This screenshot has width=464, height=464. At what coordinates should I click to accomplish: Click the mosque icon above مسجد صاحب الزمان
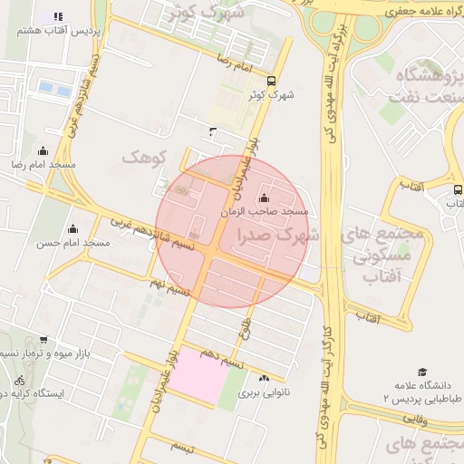pyautogui.click(x=264, y=198)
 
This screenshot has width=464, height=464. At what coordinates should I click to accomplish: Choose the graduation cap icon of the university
pyautogui.click(x=421, y=372)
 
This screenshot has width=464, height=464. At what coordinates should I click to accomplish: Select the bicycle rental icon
pyautogui.click(x=20, y=378)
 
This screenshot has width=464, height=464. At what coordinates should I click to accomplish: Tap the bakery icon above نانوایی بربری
pyautogui.click(x=264, y=379)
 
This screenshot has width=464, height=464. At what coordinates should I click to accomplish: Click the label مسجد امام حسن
pyautogui.click(x=72, y=243)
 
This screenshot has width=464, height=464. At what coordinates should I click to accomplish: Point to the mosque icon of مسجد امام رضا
pyautogui.click(x=42, y=150)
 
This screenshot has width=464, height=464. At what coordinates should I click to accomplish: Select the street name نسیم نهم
pyautogui.click(x=170, y=287)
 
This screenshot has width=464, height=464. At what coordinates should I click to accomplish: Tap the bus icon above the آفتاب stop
pyautogui.click(x=458, y=191)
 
